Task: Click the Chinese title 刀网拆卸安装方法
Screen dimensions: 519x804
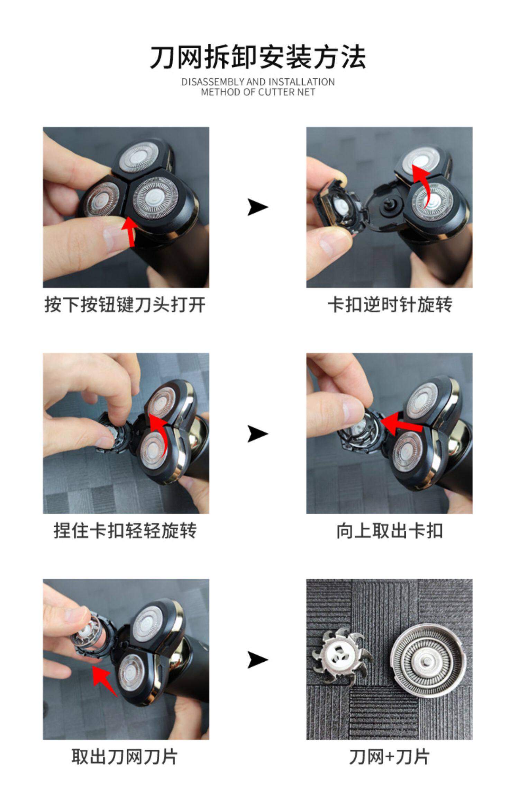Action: coord(258,57)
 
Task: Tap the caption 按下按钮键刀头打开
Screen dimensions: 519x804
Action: coord(125,305)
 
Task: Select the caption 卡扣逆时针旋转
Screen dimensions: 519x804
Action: coord(390,305)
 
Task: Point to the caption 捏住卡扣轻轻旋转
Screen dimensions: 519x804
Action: coord(125,531)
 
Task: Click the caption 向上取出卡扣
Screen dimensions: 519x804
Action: coord(390,531)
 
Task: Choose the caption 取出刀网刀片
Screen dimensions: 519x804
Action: coord(125,757)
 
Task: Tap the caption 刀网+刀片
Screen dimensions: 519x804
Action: coord(390,757)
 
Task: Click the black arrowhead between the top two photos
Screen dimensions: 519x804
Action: coord(258,207)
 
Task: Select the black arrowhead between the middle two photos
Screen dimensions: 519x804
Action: coord(258,434)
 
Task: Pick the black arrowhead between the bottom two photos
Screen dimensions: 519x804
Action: coord(258,660)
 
